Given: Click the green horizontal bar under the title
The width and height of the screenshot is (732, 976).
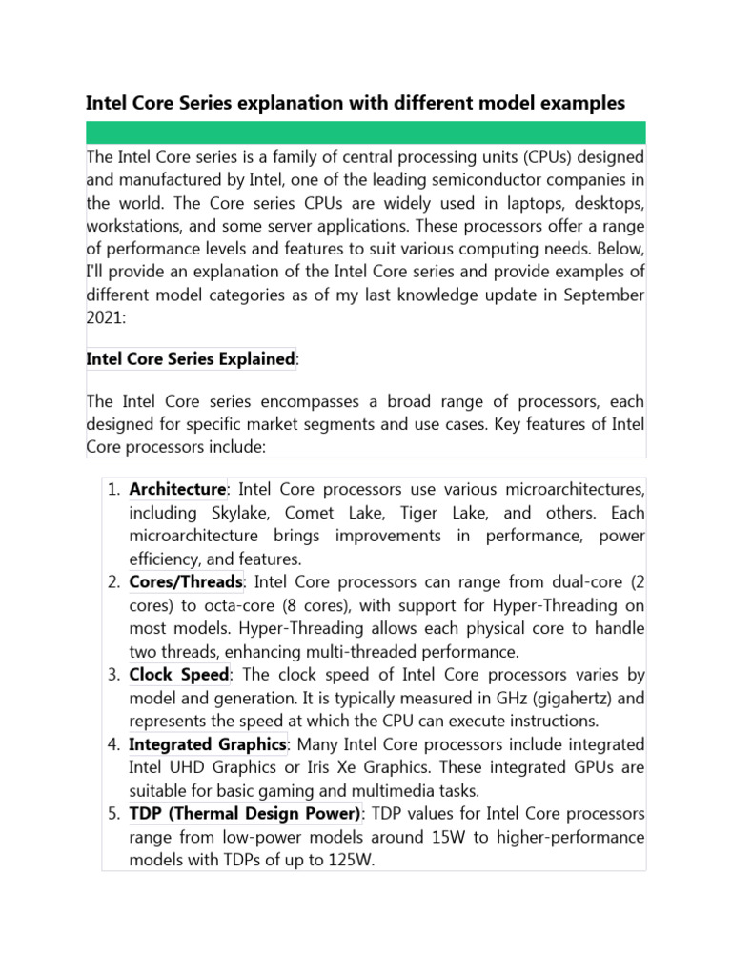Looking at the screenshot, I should pyautogui.click(x=366, y=132).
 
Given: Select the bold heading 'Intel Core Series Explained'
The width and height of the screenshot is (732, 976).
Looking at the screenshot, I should pyautogui.click(x=190, y=359).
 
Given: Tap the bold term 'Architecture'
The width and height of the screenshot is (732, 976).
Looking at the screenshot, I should pyautogui.click(x=177, y=490).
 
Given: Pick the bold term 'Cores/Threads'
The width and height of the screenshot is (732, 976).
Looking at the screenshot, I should pyautogui.click(x=186, y=582).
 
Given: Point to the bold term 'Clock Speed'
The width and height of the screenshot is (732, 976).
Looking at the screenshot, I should pyautogui.click(x=179, y=675).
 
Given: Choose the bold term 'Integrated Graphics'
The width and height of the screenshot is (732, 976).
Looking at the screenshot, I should pyautogui.click(x=208, y=743).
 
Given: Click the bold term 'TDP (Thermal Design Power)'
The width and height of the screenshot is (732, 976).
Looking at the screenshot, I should pyautogui.click(x=245, y=813).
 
